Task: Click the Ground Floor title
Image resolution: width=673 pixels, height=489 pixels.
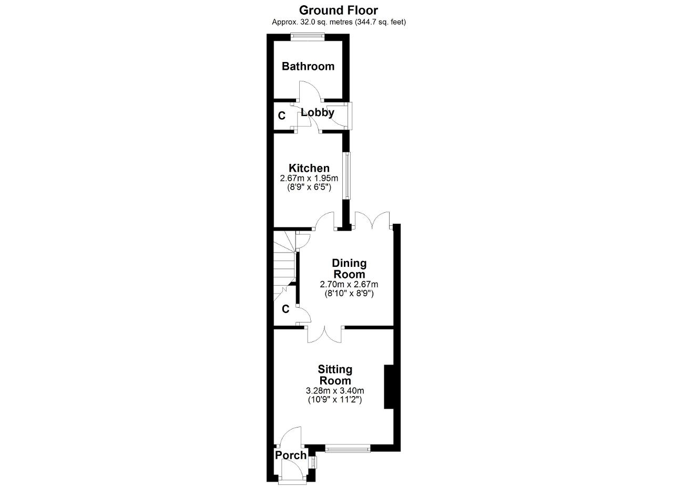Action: [x=338, y=11]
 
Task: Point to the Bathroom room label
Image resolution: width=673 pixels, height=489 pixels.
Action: [x=308, y=66]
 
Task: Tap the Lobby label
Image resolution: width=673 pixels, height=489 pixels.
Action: [x=318, y=113]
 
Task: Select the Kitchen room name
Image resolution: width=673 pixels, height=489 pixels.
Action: [x=309, y=168]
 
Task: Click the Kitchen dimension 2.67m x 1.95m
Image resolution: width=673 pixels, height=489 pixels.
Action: [x=309, y=178]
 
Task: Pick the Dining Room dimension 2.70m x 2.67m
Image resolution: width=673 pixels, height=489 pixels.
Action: [x=349, y=284]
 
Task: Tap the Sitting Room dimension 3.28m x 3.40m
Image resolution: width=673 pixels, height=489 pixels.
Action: [x=335, y=391]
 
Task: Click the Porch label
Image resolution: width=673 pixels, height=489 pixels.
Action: [x=291, y=455]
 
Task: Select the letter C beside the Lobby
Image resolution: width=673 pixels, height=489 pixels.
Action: [x=281, y=116]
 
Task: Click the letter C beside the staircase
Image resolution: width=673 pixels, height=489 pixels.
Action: [x=285, y=309]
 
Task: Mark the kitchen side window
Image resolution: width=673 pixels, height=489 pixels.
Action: [x=347, y=175]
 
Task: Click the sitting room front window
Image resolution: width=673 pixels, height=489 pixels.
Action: [x=348, y=449]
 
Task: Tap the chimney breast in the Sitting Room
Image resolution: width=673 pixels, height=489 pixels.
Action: [x=389, y=387]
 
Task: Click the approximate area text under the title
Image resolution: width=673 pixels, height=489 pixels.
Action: [x=339, y=22]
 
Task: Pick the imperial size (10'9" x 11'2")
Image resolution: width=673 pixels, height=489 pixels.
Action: [x=335, y=400]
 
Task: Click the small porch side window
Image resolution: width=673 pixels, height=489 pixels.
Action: [x=313, y=462]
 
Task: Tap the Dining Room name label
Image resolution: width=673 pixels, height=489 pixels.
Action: [x=349, y=269]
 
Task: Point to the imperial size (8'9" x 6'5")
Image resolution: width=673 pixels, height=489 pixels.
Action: [x=309, y=188]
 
